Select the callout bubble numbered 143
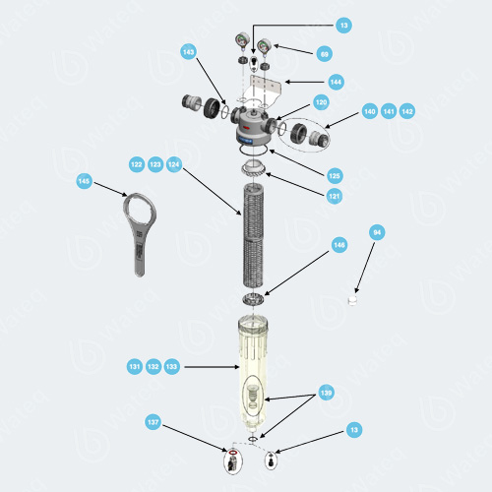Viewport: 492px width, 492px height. pyautogui.click(x=189, y=52)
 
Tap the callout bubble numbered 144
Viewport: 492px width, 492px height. pyautogui.click(x=336, y=82)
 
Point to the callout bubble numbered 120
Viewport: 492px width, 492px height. pyautogui.click(x=321, y=102)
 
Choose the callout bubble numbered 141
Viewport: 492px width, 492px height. pyautogui.click(x=389, y=111)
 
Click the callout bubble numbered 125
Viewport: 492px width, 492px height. pyautogui.click(x=335, y=175)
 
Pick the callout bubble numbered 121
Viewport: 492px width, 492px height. pyautogui.click(x=335, y=196)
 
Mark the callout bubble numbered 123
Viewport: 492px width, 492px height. pyautogui.click(x=155, y=164)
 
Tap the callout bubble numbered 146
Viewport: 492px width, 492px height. pyautogui.click(x=338, y=245)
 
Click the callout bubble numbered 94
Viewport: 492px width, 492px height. pyautogui.click(x=376, y=232)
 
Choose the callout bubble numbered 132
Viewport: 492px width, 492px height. pyautogui.click(x=154, y=366)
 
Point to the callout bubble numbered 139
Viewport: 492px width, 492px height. pyautogui.click(x=327, y=392)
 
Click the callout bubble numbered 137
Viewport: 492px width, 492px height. pyautogui.click(x=153, y=422)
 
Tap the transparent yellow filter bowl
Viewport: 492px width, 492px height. pyautogui.click(x=253, y=374)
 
